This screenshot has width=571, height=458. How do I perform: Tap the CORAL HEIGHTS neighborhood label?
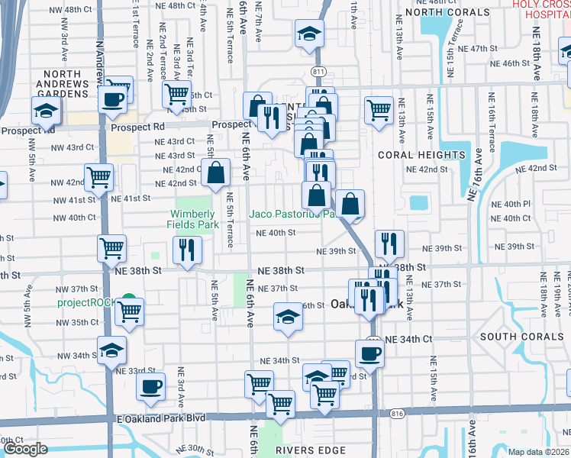coord(421,155)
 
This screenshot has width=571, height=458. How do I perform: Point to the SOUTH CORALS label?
coord(518,337)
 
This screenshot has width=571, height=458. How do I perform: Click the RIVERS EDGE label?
coord(311,450)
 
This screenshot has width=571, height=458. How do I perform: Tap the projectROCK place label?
coord(88,302)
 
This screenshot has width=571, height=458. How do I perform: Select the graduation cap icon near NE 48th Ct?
coord(309,34)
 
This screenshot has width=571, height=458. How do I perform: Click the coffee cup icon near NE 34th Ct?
coord(369,353)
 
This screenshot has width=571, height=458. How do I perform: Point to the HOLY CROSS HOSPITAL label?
coord(542,9)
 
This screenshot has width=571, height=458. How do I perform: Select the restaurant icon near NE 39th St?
coord(389,244)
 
